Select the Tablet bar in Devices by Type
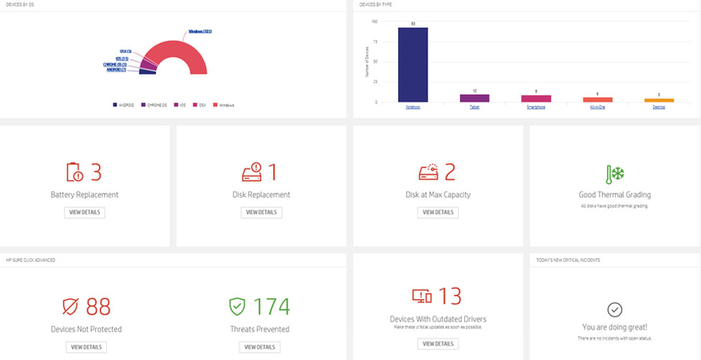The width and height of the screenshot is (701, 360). [x=474, y=98]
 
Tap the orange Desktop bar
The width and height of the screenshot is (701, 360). [x=659, y=100]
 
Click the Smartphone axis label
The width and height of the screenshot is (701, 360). [x=535, y=108]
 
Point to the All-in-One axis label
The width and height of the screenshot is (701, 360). [x=597, y=108]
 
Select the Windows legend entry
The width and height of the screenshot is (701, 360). [x=226, y=105]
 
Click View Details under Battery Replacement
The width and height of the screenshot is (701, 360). [x=85, y=212]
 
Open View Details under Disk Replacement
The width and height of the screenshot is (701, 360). [x=261, y=212]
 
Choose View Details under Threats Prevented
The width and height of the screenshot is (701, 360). [x=259, y=347]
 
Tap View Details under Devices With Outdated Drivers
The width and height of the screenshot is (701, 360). [x=437, y=344]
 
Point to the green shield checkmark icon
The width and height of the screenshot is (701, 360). [x=237, y=307]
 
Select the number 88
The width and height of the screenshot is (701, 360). [x=98, y=307]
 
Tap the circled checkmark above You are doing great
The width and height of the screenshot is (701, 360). [x=615, y=309]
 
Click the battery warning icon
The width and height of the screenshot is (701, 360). [x=75, y=172]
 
